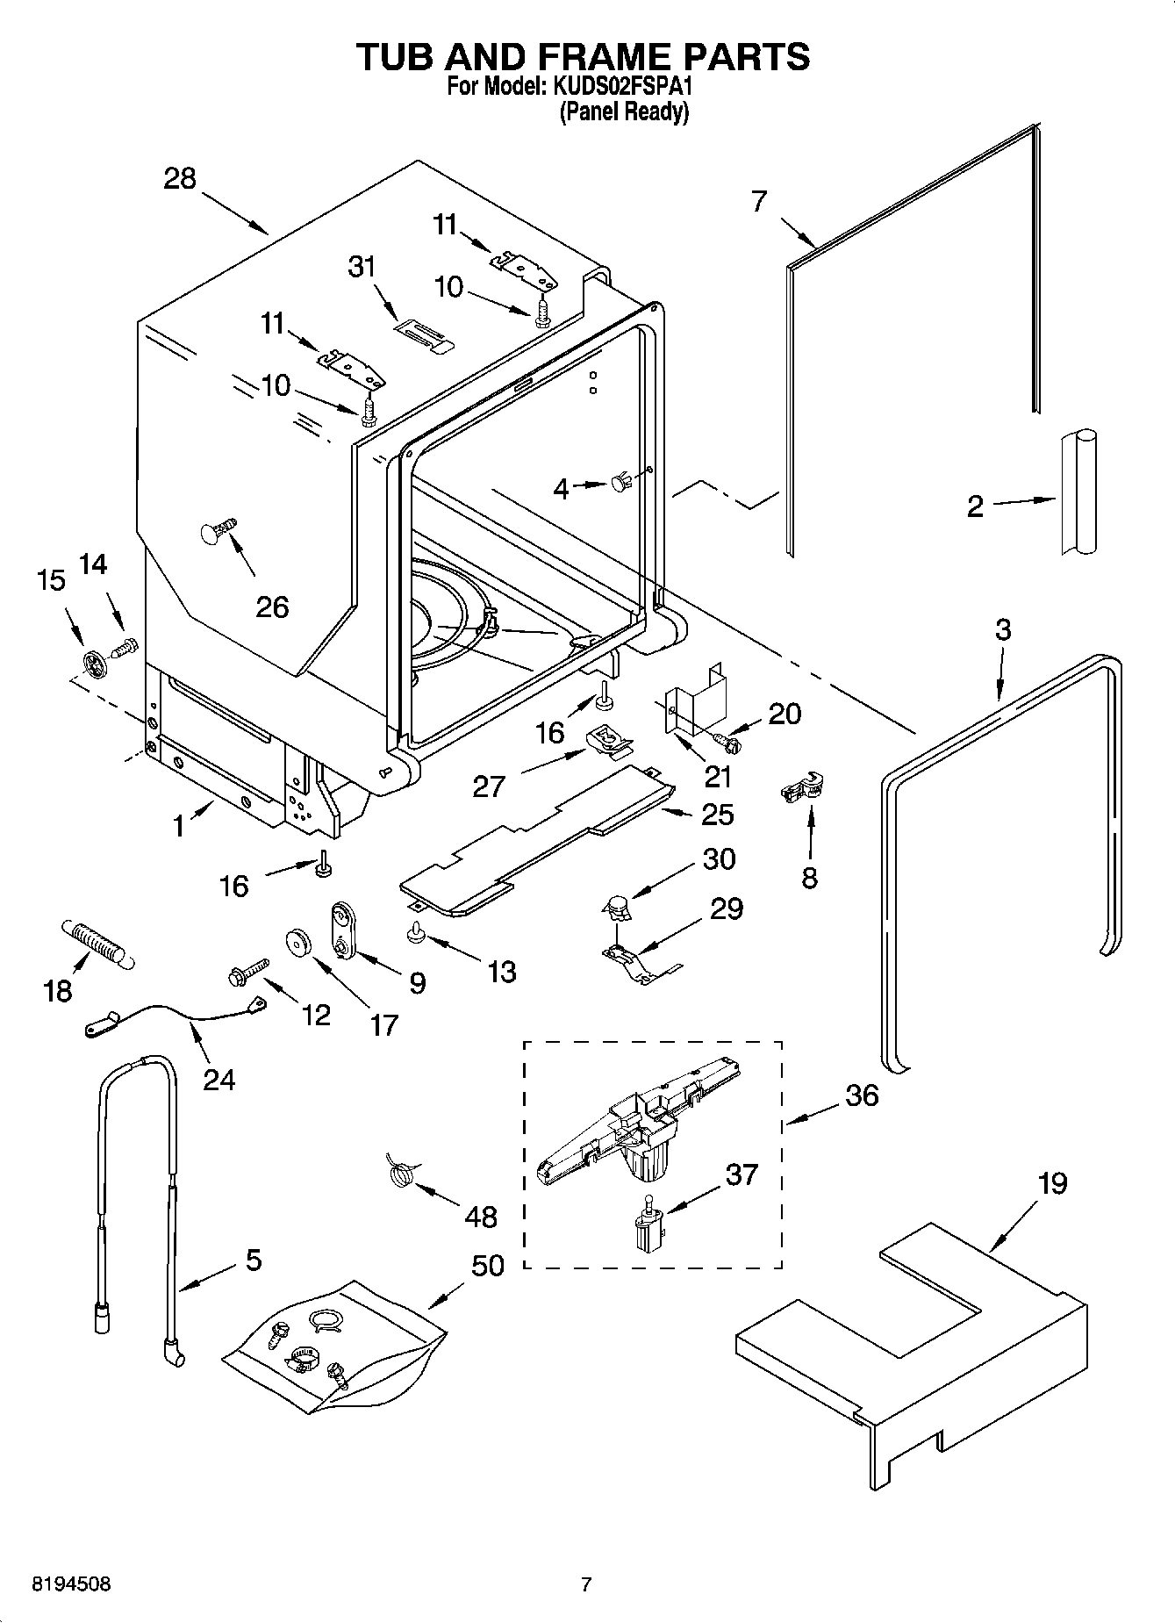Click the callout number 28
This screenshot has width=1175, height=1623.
[x=181, y=179]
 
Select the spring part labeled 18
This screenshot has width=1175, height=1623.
[x=96, y=944]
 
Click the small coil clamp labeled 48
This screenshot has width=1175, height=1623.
[x=401, y=1172]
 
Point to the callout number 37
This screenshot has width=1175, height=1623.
[x=741, y=1174]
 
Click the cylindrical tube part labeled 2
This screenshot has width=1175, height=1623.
[x=1078, y=492]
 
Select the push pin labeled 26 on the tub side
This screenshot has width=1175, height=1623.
[x=215, y=531]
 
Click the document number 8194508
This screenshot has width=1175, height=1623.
[x=71, y=1584]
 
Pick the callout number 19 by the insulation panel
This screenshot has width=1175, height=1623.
[x=1052, y=1184]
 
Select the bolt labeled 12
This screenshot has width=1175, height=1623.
[x=247, y=972]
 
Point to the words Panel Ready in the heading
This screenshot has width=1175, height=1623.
[x=624, y=112]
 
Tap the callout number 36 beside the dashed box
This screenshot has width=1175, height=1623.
[x=862, y=1095]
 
